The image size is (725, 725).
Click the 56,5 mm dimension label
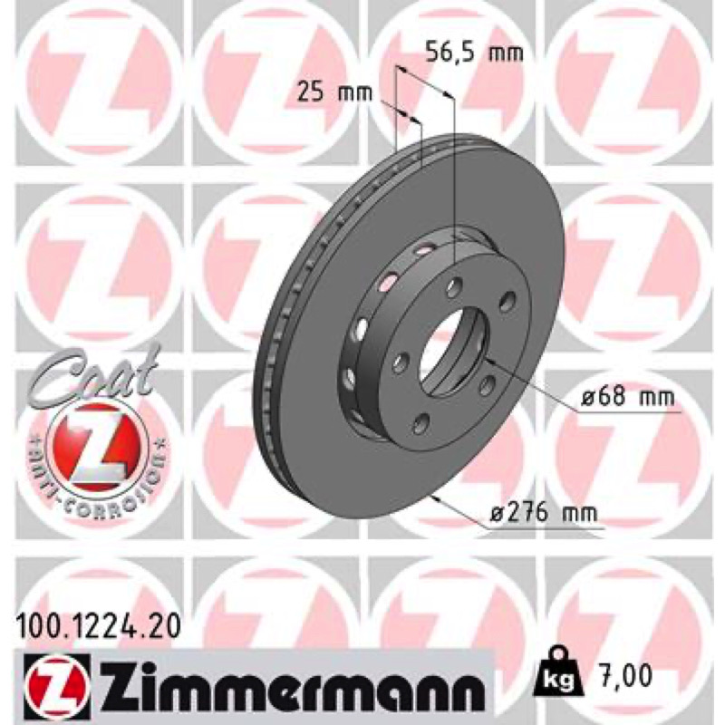click(x=474, y=52)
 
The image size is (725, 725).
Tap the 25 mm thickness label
click(x=334, y=92)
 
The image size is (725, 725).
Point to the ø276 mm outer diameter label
click(x=543, y=512)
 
